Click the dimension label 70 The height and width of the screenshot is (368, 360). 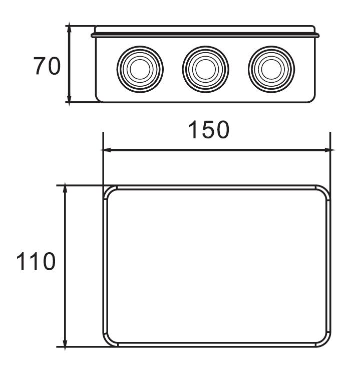point(47,66)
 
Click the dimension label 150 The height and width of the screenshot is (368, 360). point(209,130)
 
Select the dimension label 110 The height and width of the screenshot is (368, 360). point(36,261)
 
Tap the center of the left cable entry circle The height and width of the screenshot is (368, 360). point(140,69)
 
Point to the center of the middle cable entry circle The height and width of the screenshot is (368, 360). point(206,69)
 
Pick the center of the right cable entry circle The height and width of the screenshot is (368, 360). point(271,69)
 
